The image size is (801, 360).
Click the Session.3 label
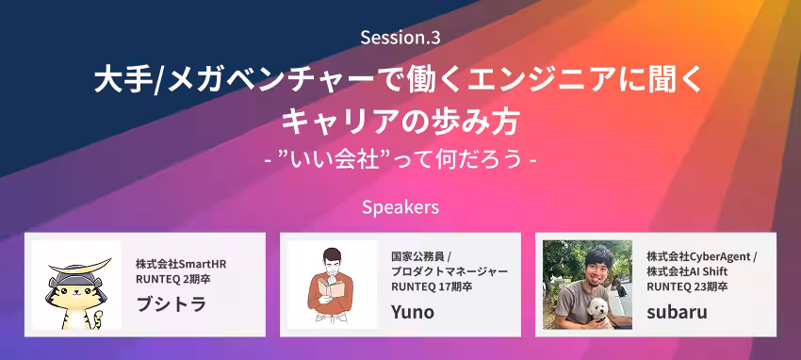400,38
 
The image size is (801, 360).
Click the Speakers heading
400,206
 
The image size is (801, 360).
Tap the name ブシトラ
172,303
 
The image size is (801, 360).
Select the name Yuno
413,311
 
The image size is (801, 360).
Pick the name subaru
677,312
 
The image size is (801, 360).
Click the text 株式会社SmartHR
181,264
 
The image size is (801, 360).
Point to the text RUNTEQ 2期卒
173,279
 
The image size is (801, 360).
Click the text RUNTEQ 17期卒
432,286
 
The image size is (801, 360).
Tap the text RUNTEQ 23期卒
687,286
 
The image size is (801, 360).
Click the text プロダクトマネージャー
450,271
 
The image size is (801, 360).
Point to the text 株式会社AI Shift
687,271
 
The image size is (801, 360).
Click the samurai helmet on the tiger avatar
76,275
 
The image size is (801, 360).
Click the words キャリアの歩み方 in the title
400,123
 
